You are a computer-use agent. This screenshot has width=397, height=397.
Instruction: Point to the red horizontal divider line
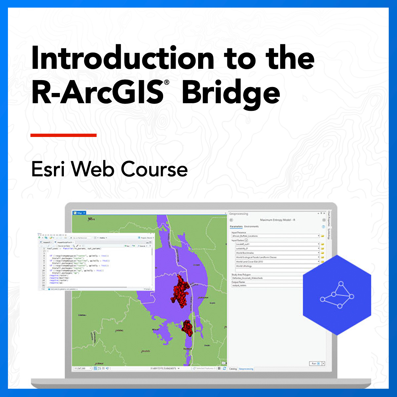click(x=64, y=135)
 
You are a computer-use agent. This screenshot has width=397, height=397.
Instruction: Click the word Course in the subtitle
click(x=154, y=169)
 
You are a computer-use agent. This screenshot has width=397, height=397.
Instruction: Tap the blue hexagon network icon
click(x=337, y=294)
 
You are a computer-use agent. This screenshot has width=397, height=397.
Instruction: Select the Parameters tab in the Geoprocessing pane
click(x=236, y=227)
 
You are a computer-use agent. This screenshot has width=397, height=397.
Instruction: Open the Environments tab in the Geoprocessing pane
click(x=251, y=227)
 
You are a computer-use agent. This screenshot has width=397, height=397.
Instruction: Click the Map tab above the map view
click(x=79, y=213)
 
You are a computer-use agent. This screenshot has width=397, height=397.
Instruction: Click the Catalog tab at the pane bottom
click(x=233, y=369)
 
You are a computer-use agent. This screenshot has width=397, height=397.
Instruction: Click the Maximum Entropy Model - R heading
click(x=277, y=220)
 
